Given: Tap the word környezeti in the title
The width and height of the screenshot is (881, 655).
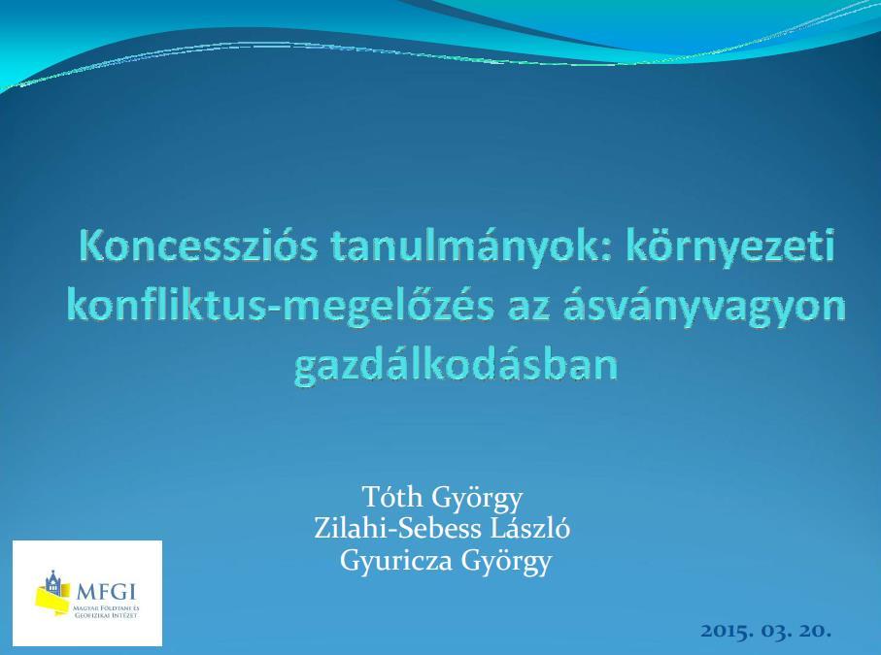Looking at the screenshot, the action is tap(730, 246).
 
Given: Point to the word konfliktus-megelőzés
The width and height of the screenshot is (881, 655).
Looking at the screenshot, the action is tap(281, 307).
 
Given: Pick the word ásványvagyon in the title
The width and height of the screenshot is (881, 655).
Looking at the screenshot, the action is tap(704, 308).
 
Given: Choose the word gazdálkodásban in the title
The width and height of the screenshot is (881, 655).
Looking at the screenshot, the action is tap(456, 366).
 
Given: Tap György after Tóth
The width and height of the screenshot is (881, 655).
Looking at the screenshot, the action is tap(477, 500).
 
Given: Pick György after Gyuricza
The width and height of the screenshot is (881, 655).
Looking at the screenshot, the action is tap(506, 563).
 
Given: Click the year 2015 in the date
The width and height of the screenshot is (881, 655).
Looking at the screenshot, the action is tap(728, 631).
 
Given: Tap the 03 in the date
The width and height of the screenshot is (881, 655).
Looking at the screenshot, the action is tap(776, 631).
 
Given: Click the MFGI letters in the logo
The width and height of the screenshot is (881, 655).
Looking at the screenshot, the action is tap(106, 592).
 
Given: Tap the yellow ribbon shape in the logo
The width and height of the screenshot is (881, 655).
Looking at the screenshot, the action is tap(52, 599).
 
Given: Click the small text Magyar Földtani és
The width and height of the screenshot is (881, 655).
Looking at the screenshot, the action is tap(106, 608).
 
